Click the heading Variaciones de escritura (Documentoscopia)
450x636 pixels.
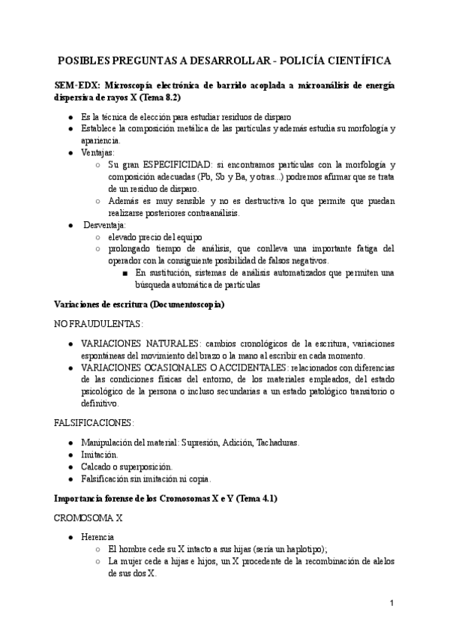(139, 304)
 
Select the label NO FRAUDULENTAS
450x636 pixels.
(98, 323)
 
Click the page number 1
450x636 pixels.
(391, 603)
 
